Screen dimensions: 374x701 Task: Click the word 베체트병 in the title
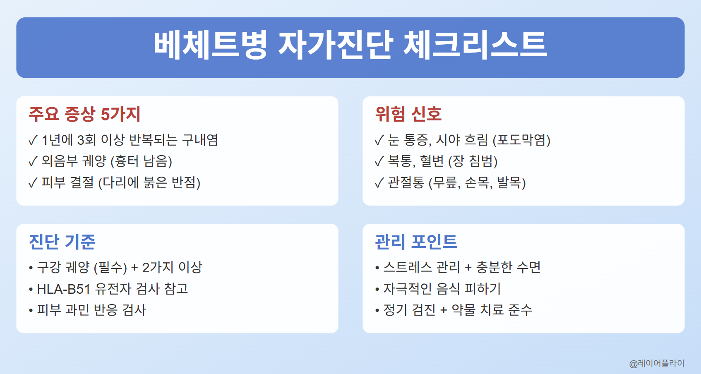210,45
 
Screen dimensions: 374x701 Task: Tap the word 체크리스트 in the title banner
475,45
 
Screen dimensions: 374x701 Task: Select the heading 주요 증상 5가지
85,114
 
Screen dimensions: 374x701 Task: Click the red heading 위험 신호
408,114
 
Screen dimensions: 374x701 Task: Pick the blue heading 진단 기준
62,242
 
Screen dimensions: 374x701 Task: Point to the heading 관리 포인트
416,242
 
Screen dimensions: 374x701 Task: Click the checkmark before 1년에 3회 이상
33,141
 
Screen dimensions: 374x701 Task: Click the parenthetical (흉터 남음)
141,161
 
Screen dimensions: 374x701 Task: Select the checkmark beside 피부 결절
33,183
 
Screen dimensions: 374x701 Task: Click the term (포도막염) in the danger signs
521,140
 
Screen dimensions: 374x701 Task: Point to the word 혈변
432,161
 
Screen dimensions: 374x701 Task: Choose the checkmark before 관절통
379,183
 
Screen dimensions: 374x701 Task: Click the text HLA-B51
64,289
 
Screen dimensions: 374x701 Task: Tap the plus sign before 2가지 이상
134,268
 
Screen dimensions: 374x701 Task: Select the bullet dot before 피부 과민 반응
31,310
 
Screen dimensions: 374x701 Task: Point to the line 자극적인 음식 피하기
442,289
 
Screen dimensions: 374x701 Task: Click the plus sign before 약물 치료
444,310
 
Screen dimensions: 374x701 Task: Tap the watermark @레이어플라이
657,363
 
